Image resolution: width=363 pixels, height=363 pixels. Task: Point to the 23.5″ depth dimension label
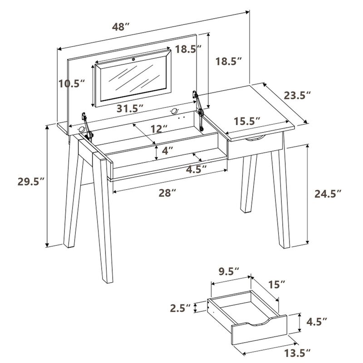tap(297, 95)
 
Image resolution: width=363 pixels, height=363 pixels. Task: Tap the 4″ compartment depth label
tap(168, 151)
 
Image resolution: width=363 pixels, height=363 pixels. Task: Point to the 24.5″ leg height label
tap(328, 194)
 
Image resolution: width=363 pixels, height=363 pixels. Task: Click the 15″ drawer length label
tap(276, 285)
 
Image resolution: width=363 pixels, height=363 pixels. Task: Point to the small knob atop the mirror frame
tap(134, 59)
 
